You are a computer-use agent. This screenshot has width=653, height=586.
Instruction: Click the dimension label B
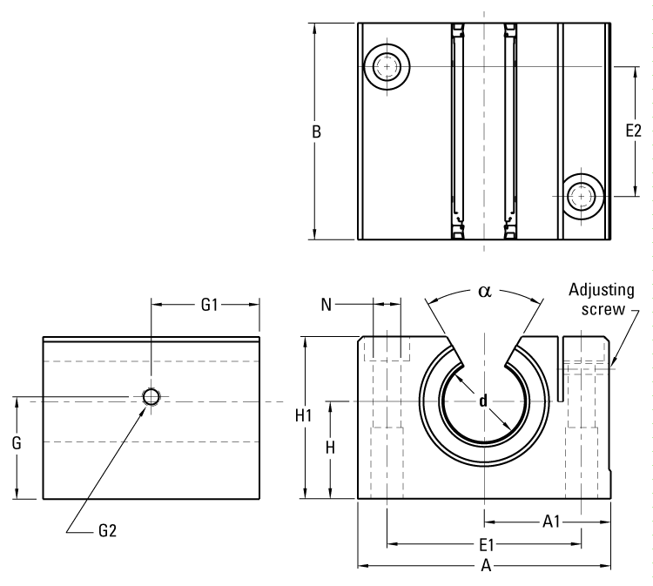tap(318, 132)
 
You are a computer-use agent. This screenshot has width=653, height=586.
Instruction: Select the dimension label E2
tap(634, 131)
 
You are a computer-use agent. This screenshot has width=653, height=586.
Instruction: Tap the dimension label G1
tap(209, 305)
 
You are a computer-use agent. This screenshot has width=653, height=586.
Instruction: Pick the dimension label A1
tap(550, 522)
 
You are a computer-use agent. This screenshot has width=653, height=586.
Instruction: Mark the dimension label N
tap(326, 304)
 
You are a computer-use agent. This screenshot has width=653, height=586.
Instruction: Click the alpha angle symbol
tap(484, 291)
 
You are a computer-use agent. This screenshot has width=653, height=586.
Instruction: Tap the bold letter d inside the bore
tap(482, 401)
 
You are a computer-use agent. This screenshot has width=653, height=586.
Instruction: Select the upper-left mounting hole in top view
tap(386, 66)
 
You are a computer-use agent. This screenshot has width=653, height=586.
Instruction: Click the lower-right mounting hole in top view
tap(582, 197)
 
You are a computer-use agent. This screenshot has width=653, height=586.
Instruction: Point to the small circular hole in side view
tap(151, 397)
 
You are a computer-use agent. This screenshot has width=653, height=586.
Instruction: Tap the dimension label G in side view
tap(17, 442)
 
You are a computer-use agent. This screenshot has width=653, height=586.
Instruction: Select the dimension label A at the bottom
tap(487, 567)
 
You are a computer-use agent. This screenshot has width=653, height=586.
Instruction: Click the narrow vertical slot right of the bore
tap(557, 370)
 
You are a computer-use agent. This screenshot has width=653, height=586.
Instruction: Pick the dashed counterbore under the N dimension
tap(387, 348)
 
